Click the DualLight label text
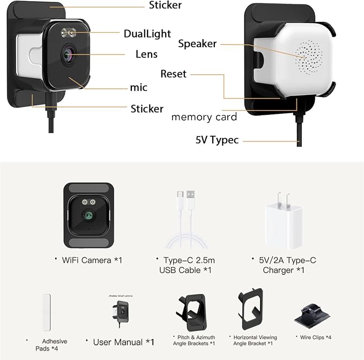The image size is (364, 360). pyautogui.click(x=147, y=34)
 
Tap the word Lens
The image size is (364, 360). pyautogui.click(x=146, y=54)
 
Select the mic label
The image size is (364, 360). pyautogui.click(x=139, y=87)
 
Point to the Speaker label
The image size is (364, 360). pyautogui.click(x=197, y=43)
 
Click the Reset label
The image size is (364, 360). pyautogui.click(x=173, y=74)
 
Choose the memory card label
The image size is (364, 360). pyautogui.click(x=204, y=117)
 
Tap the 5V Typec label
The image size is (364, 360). pyautogui.click(x=217, y=140)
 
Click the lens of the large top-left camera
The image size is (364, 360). pyautogui.click(x=69, y=55)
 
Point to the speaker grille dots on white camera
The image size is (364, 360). pyautogui.click(x=309, y=57)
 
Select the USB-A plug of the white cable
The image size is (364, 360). pyautogui.click(x=190, y=196)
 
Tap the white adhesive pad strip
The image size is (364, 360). pyautogui.click(x=47, y=312)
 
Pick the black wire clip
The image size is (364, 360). pyautogui.click(x=312, y=317)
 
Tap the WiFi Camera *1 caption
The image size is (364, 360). pyautogui.click(x=92, y=260)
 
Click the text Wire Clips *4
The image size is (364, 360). pyautogui.click(x=315, y=337)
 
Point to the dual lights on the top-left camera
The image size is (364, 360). pyautogui.click(x=69, y=33)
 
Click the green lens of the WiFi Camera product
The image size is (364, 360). pyautogui.click(x=88, y=216)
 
